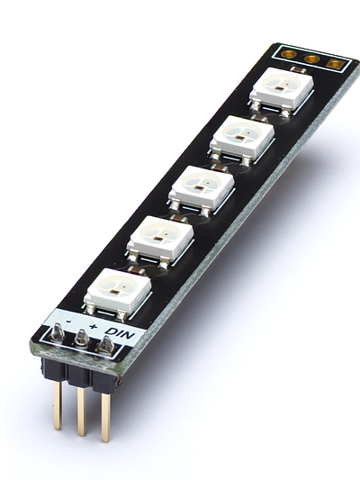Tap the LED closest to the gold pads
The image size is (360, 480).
click(282, 91)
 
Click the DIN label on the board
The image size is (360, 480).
click(120, 333)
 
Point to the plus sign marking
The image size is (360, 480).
click(94, 326)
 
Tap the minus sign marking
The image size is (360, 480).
click(68, 322)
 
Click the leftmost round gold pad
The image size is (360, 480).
click(289, 55)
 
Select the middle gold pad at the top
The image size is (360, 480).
click(312, 59)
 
